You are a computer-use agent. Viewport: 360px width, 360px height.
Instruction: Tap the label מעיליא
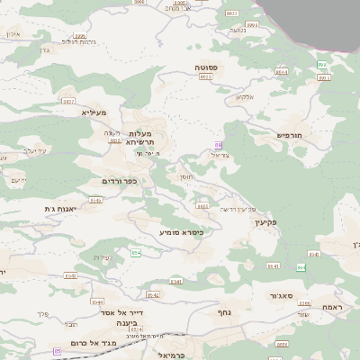94,112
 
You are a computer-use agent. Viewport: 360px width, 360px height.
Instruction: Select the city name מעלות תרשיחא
142,138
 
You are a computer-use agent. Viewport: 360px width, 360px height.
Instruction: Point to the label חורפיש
289,135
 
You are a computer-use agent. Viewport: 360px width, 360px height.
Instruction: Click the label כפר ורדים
119,181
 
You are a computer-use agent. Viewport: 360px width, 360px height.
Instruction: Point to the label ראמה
331,307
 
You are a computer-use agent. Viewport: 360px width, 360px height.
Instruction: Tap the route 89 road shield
218,145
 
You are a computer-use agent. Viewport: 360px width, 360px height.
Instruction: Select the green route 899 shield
321,65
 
